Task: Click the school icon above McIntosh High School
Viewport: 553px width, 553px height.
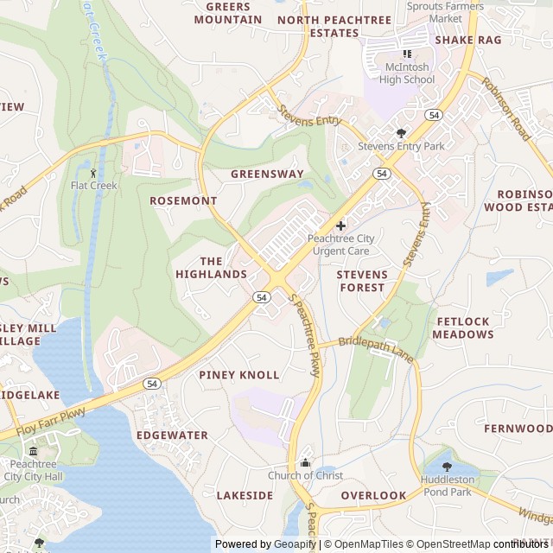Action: (407, 54)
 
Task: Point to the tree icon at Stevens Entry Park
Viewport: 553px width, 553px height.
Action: (401, 133)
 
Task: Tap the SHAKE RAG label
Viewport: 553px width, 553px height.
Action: (467, 40)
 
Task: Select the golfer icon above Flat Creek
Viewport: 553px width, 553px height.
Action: (93, 172)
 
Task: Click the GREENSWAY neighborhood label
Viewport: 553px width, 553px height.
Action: (267, 174)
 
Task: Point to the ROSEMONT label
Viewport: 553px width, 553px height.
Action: (183, 200)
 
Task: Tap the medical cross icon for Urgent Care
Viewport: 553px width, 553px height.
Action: (340, 225)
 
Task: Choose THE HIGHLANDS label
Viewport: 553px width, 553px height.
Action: (212, 268)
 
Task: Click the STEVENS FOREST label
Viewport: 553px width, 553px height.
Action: (362, 281)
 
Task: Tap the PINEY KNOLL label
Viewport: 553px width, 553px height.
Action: (239, 375)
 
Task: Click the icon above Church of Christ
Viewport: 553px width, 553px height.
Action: (305, 462)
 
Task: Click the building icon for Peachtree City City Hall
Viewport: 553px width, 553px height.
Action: (33, 450)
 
